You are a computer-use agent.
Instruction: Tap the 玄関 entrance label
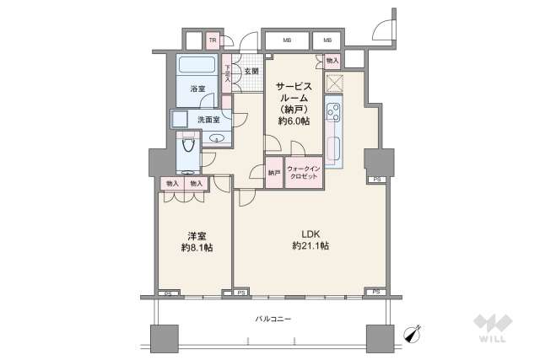251,72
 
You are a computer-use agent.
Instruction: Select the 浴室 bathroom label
197,89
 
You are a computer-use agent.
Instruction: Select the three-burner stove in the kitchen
333,113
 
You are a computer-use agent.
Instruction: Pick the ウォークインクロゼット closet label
303,172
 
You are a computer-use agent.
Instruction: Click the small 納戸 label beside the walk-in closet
274,173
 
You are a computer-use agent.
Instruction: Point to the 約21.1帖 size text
310,246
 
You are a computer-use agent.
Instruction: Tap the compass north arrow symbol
413,333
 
